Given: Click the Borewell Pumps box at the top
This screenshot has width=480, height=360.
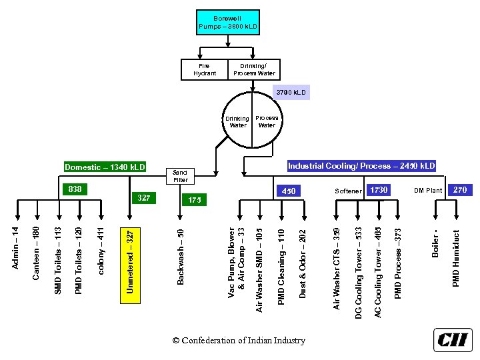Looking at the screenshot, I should [x=227, y=22].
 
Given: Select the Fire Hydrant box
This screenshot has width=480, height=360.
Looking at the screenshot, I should [x=205, y=69].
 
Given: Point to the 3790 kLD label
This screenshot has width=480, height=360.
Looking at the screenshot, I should [x=291, y=93].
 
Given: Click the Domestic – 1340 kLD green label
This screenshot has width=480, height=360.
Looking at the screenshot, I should [x=105, y=167].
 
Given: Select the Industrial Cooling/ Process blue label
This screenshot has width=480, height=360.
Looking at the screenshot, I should [x=361, y=165].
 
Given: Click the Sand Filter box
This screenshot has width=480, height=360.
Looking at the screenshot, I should [x=181, y=176].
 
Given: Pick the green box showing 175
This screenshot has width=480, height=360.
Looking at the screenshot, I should [x=194, y=200].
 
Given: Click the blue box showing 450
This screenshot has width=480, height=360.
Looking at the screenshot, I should [x=289, y=191].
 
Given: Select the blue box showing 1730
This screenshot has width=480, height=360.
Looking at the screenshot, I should [x=378, y=190].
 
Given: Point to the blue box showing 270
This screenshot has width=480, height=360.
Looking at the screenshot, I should [x=460, y=190].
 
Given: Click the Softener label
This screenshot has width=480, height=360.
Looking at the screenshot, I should [x=348, y=191].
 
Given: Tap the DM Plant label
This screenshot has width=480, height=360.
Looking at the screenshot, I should [x=428, y=191].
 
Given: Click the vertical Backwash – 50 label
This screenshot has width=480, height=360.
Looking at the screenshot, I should [x=181, y=257].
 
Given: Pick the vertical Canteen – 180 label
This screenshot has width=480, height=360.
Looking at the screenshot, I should [x=37, y=252].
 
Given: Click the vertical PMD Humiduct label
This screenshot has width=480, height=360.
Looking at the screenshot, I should [x=456, y=259].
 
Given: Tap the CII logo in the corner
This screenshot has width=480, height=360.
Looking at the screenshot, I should [x=453, y=339].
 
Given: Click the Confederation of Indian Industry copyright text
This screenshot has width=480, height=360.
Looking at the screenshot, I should [x=239, y=341].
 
